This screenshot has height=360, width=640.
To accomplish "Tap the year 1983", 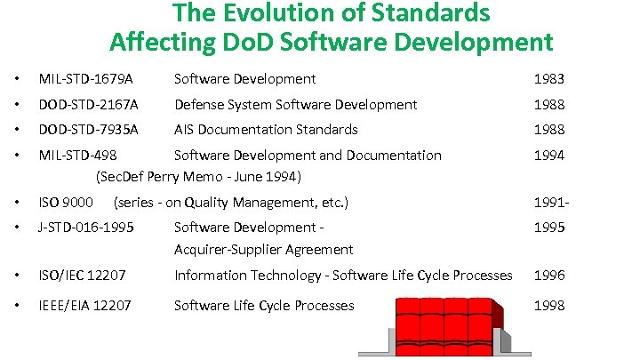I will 548,79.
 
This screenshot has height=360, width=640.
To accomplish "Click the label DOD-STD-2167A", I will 88,104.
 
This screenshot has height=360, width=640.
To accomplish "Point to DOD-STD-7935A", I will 88,129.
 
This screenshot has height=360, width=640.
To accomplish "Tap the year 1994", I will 548,155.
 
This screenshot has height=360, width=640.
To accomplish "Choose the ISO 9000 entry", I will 66,202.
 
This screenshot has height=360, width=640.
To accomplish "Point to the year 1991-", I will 551,202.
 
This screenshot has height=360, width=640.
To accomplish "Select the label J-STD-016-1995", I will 85,227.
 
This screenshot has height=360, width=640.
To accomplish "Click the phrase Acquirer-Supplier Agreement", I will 263,249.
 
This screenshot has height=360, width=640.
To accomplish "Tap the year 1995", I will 548,227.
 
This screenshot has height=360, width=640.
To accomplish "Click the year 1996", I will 548,275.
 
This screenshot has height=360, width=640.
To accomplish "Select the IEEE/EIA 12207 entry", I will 84,305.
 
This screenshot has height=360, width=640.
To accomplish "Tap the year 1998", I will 548,305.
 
